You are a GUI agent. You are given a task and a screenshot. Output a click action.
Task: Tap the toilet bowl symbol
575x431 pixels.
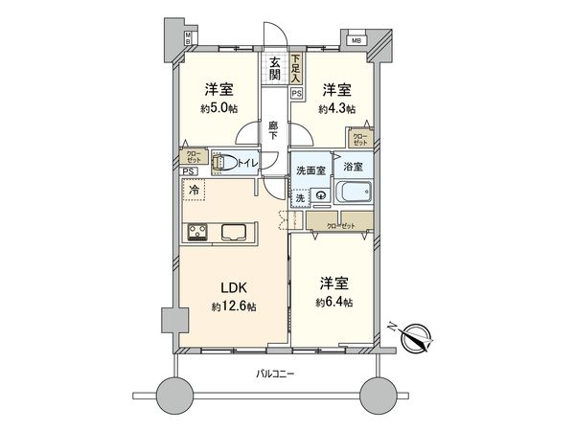[x=221, y=163]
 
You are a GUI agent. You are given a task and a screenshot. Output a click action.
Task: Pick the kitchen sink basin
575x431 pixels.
[x=236, y=231]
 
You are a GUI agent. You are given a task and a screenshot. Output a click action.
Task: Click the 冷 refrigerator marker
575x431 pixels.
[x=195, y=191]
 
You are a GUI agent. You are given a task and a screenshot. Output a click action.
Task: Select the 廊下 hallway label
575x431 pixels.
[x=274, y=130]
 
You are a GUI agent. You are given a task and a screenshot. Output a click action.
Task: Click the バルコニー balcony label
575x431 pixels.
[x=275, y=373]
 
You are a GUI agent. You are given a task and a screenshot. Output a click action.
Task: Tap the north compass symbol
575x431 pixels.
[x=418, y=339]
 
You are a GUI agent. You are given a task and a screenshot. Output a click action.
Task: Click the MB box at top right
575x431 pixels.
[x=356, y=41]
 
